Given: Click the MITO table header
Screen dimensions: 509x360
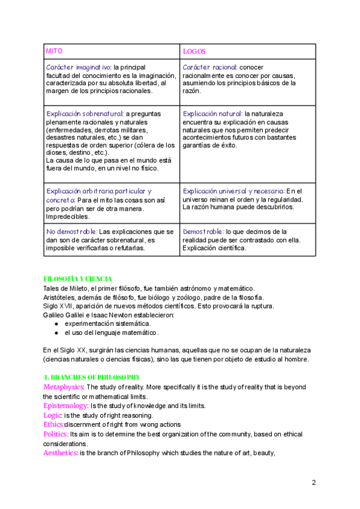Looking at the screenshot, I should coord(55,52).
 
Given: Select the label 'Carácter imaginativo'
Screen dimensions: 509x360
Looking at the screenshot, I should coord(78,67).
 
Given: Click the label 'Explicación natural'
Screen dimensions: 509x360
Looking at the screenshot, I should coord(212,113).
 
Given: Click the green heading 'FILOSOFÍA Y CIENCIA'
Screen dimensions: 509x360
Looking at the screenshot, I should coord(78,279).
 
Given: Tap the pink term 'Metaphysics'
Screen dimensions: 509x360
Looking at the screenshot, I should coord(64,387).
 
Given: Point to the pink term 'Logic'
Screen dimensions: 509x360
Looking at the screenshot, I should coord(52,415).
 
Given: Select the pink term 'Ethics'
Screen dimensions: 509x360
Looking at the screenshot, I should coord(53,425).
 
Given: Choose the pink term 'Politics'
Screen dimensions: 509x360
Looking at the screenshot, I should coord(56,434).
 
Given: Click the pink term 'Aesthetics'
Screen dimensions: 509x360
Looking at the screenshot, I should coord(61,453).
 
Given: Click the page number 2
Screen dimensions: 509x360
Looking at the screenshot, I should coord(314,482).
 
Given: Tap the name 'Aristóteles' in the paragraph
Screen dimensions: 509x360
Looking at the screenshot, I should coord(58,298).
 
